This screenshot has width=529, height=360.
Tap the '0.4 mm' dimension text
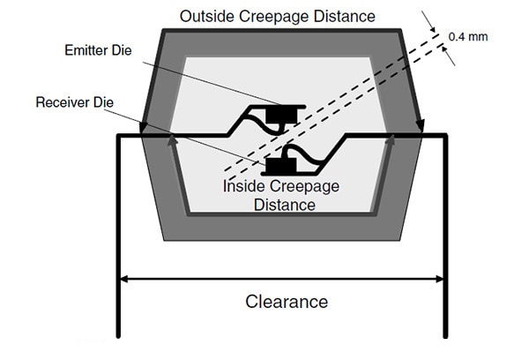468,37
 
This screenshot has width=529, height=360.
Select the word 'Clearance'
286,303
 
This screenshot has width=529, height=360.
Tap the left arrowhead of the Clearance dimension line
124,279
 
